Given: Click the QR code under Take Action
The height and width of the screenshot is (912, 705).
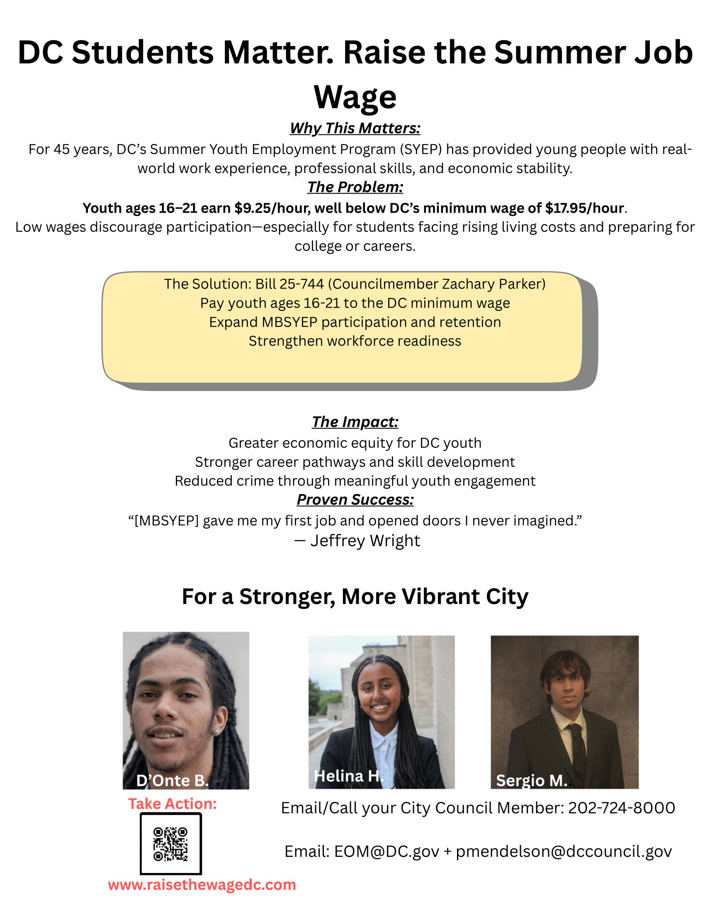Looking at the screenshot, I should pos(170,844).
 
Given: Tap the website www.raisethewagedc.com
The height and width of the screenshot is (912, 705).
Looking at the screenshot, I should pos(202,885).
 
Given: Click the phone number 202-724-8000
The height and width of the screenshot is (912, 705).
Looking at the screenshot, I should pos(622,808).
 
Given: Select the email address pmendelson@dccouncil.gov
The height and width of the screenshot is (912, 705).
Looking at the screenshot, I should pos(564,851).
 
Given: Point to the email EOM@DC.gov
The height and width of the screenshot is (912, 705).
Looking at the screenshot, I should pos(387,851).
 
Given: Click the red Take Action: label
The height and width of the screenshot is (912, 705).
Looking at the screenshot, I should pos(172,804).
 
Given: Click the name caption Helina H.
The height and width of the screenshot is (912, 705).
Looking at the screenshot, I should pos(348,776).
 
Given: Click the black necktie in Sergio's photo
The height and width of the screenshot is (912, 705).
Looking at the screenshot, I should pos(577,747).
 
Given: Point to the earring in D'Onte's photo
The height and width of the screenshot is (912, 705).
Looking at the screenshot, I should pos(217,732).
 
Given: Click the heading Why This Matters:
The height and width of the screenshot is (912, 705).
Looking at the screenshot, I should pos(355,128).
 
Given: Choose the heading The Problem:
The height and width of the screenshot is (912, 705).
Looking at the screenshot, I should pos(355,187).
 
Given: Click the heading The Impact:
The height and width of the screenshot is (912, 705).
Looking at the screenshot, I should pos(355,422).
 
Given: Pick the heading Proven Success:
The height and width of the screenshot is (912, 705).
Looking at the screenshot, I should pos(355,500).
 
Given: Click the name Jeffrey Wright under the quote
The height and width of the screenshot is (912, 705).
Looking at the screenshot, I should pos(365,541).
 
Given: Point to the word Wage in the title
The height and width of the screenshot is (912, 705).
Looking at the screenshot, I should pos(355,97).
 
